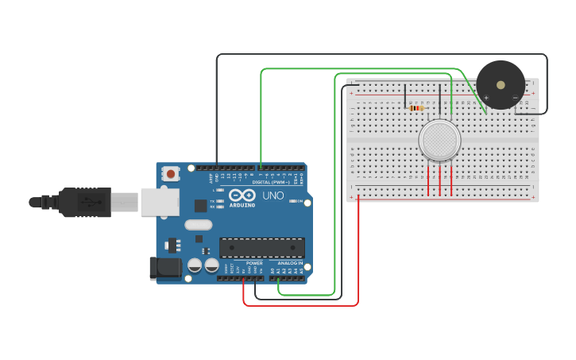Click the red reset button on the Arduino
pos(171,173)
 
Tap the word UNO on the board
pos(273,195)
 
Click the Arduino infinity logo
pos(242,195)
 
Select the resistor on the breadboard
pos(416,107)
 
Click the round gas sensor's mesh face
pos(439,140)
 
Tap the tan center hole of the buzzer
pos(501,84)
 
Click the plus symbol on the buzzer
pos(486,98)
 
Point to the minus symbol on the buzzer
pos(515,98)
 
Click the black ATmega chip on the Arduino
pos(261,247)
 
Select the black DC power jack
pos(165,268)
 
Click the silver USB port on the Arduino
pos(160,202)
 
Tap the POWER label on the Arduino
pos(254,263)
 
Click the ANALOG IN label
pos(290,263)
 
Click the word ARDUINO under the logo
pos(242,205)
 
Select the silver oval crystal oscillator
pos(199,225)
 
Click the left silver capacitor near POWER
pos(195,265)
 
